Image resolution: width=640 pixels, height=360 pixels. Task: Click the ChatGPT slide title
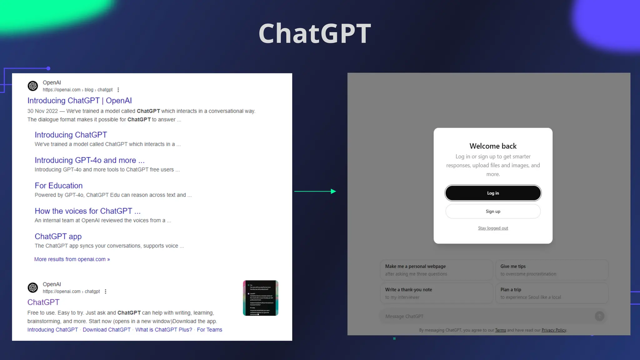(315, 33)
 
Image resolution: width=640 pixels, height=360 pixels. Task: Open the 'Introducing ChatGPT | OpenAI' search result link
(79, 101)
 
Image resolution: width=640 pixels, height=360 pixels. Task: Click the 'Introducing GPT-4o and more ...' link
(89, 160)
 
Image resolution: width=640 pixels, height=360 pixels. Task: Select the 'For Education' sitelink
(58, 186)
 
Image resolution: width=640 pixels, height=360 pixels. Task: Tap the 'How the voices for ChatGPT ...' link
(87, 211)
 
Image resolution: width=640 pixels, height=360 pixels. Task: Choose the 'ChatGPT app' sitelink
(58, 237)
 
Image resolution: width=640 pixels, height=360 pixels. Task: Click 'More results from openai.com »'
(72, 259)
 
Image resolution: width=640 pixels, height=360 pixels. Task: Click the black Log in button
(493, 193)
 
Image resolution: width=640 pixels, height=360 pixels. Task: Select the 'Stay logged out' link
(493, 228)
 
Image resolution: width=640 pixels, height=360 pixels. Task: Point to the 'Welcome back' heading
(493, 146)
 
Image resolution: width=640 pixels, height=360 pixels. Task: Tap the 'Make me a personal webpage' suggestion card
(436, 270)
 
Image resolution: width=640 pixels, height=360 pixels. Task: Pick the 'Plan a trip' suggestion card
(552, 293)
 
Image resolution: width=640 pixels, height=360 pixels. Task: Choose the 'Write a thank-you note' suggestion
(436, 293)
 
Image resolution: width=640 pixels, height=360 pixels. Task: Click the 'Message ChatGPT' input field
(487, 316)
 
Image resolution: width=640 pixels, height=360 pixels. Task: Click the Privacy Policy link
(553, 330)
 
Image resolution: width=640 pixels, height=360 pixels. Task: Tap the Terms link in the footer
(500, 330)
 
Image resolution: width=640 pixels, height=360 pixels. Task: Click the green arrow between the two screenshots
(315, 191)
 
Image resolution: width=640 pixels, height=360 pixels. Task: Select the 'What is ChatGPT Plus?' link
(163, 330)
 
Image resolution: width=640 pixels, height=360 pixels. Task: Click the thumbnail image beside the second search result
(261, 298)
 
